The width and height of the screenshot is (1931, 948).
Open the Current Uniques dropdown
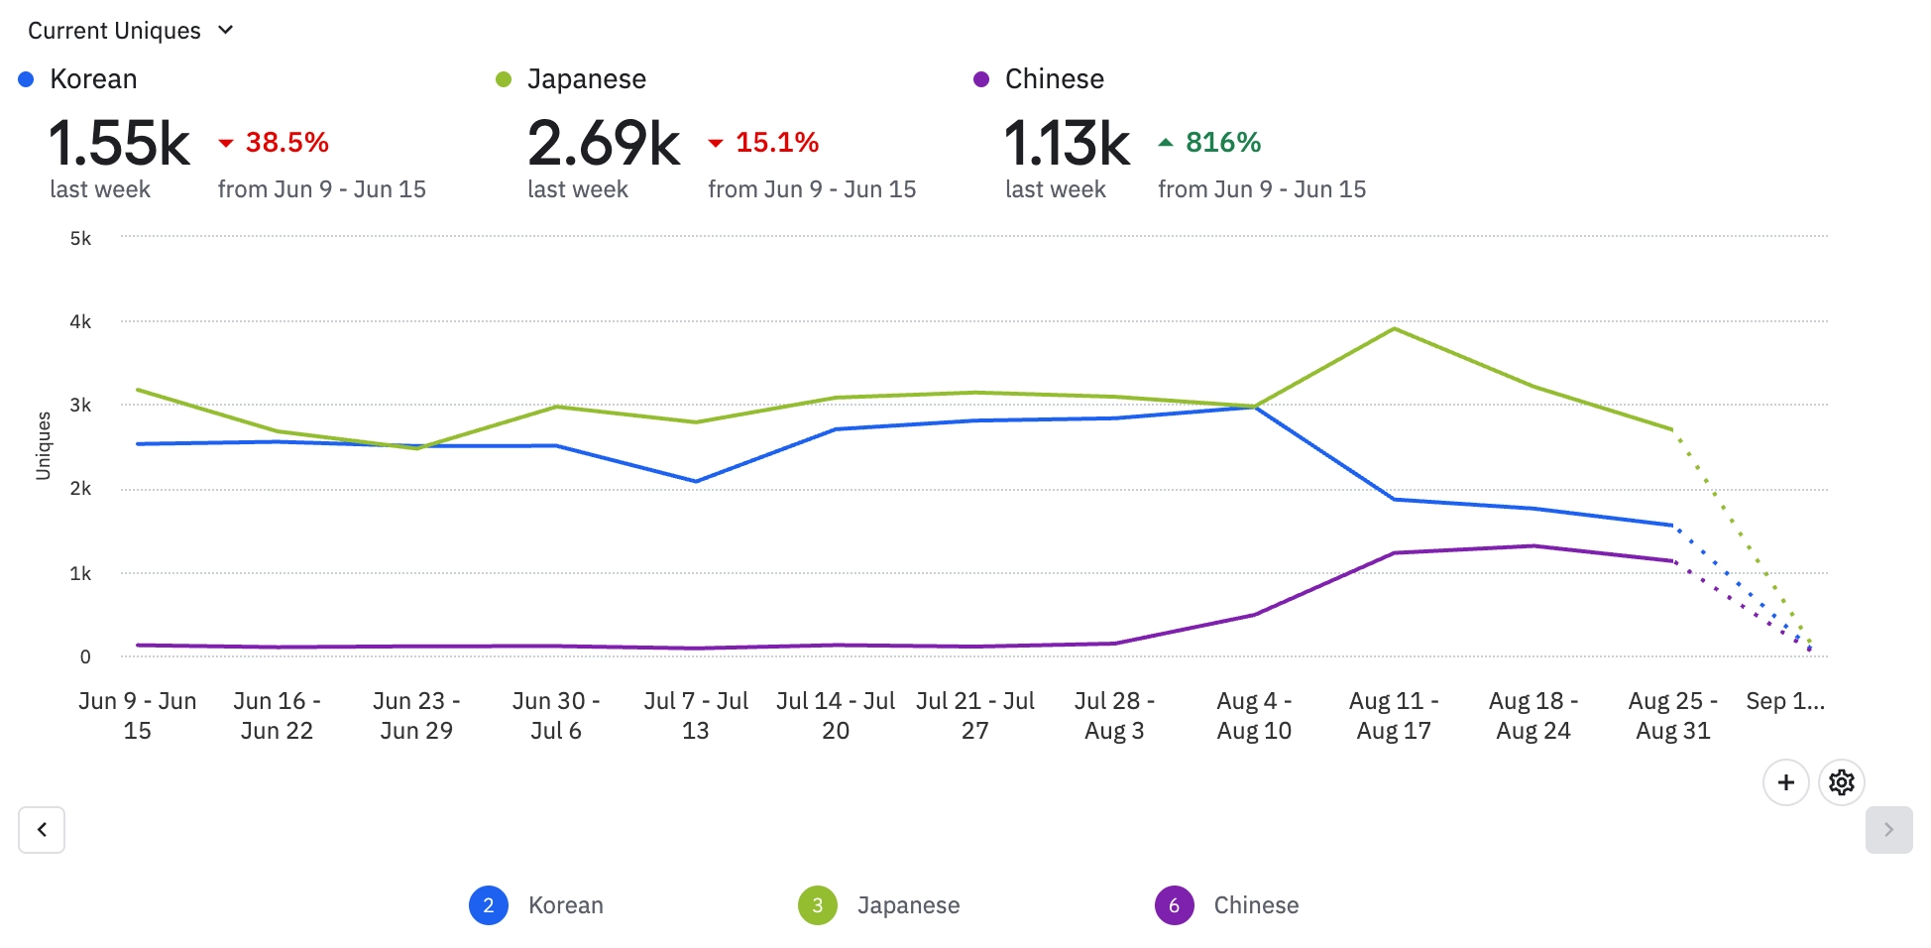click(130, 31)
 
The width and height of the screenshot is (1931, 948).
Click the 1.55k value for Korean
click(119, 144)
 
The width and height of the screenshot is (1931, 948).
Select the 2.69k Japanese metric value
click(604, 144)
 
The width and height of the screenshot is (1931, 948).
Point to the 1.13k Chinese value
click(1067, 144)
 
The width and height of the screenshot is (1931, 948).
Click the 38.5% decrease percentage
click(286, 143)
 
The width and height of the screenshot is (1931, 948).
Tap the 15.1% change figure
click(776, 143)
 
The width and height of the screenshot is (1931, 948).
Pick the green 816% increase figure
click(1222, 143)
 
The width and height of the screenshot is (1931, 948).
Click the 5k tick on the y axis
click(80, 239)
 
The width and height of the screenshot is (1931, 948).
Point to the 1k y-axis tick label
click(80, 574)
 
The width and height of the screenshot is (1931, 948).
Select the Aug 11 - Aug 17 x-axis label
click(1394, 716)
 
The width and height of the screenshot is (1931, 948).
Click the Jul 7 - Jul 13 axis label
click(696, 716)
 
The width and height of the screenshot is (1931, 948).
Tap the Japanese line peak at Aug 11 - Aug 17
click(1395, 329)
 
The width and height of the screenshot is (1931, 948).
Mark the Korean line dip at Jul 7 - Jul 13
click(696, 482)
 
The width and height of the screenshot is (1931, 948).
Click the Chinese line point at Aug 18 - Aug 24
click(1533, 546)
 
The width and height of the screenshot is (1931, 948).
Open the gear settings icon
click(1842, 782)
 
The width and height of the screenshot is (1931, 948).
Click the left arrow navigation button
click(42, 830)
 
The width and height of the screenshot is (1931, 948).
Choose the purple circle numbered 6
click(1174, 905)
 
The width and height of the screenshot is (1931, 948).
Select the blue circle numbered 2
click(489, 905)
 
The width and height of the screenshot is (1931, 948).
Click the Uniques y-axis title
click(44, 446)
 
